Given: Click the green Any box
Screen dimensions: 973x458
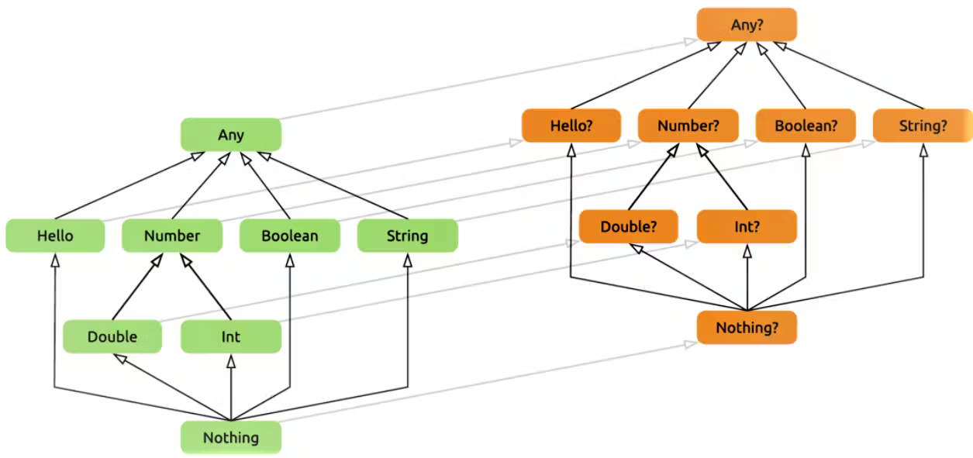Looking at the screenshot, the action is pos(231,135).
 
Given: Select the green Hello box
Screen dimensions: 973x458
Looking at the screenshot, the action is pos(55,236).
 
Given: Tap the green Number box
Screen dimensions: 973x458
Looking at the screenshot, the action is pos(172,236).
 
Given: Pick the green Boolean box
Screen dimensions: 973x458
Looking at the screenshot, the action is pos(290,236).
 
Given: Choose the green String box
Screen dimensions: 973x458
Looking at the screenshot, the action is pos(408,236).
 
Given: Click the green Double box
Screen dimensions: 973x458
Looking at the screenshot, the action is pos(112,336).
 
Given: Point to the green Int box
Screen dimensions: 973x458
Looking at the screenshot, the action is pos(231,336).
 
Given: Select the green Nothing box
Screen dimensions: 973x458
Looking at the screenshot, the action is pos(231,438).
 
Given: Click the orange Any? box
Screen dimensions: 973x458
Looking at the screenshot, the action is pos(747,25).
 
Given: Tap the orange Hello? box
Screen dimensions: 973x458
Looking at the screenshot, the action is pos(571,126).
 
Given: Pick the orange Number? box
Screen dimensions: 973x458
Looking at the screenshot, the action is pos(688,126).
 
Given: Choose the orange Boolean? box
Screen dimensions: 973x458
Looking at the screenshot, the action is pos(806,126).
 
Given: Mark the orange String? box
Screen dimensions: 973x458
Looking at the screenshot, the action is pos(923,126).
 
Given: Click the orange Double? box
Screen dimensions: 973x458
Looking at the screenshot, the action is pos(629,226).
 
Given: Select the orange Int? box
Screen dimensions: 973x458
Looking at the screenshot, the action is pos(747,226).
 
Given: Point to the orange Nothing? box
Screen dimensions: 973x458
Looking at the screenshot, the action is pos(747,327).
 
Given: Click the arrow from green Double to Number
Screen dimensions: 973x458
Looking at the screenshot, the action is pos(137,287).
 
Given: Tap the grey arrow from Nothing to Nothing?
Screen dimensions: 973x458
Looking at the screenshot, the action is pos(488,382).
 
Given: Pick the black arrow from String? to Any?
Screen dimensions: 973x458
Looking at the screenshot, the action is pos(849,75).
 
